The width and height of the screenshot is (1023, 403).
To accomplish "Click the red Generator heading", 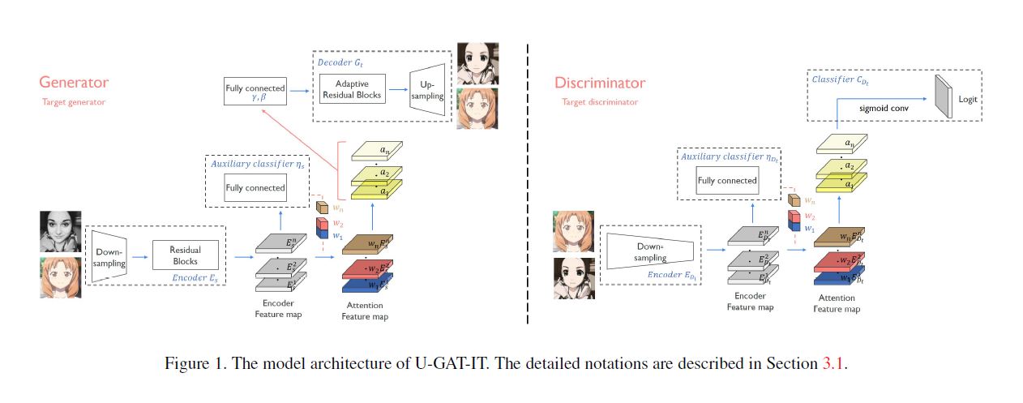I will click(x=74, y=83).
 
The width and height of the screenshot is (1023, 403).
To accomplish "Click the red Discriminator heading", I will click(x=600, y=83).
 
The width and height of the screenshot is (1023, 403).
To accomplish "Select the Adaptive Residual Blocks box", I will click(x=352, y=89).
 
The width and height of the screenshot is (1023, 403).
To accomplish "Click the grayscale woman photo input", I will click(x=60, y=231).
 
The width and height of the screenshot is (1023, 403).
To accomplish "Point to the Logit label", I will click(x=968, y=99).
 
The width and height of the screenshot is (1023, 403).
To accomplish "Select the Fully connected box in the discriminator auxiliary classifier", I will click(x=727, y=181).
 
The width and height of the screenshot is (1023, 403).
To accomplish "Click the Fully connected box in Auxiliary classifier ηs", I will click(x=255, y=187).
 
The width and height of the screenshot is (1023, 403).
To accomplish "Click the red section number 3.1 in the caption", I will click(x=833, y=363).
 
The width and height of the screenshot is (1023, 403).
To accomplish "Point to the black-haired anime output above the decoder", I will click(x=474, y=62).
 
